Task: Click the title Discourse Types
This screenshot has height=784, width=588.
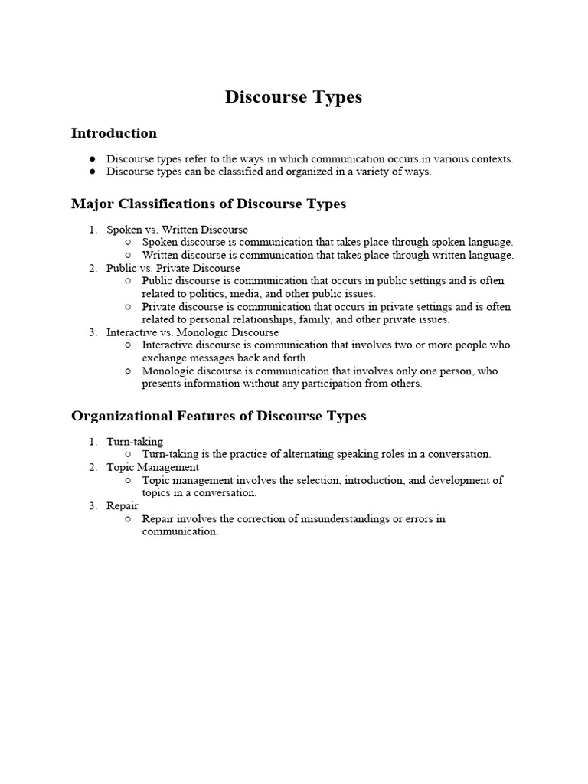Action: point(293,97)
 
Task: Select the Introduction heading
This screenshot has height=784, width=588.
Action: point(114,133)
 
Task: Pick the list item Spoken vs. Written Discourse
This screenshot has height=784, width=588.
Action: point(177,230)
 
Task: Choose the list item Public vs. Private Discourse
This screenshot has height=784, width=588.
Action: point(173,269)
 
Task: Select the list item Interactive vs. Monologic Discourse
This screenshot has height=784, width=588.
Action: point(192,333)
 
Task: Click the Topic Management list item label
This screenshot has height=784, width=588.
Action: point(152,467)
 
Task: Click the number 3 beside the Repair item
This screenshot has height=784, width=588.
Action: point(92,506)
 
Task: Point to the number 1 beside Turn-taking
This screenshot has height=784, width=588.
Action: point(92,442)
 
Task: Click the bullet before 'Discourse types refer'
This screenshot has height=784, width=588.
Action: point(92,159)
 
